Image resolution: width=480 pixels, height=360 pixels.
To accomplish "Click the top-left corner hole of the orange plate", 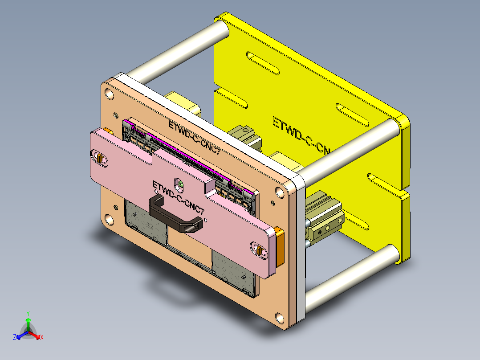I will coord(109,94).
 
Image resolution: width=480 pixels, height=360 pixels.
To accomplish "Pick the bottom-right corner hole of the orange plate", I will coord(280,318).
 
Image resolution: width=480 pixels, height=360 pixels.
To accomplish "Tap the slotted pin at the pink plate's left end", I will coord(100,158).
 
